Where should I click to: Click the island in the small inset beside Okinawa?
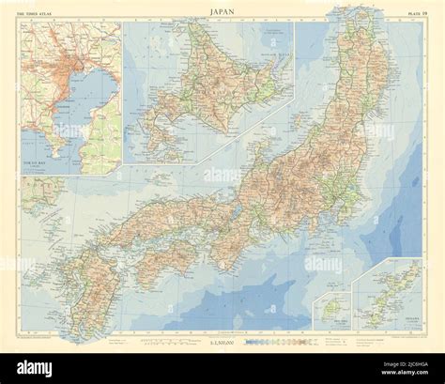coord(330,305)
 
